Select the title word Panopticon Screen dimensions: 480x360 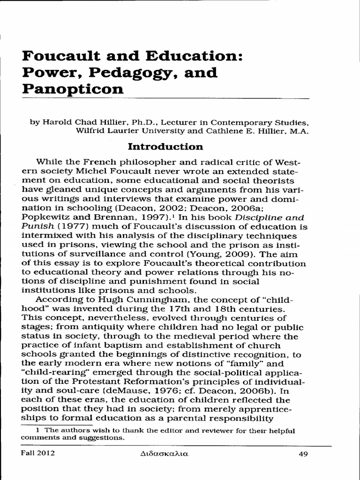click(x=73, y=89)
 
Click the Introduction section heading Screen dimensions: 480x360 click(x=165, y=147)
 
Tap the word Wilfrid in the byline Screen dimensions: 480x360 click(x=91, y=131)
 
